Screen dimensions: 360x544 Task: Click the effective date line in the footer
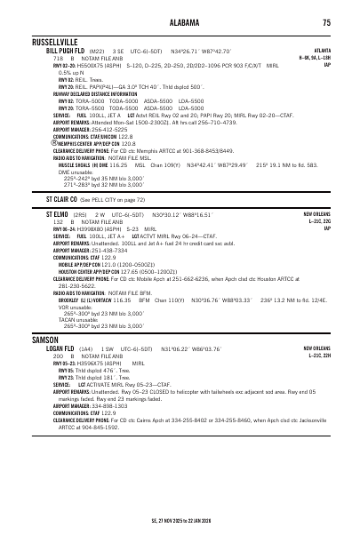coord(180,521)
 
